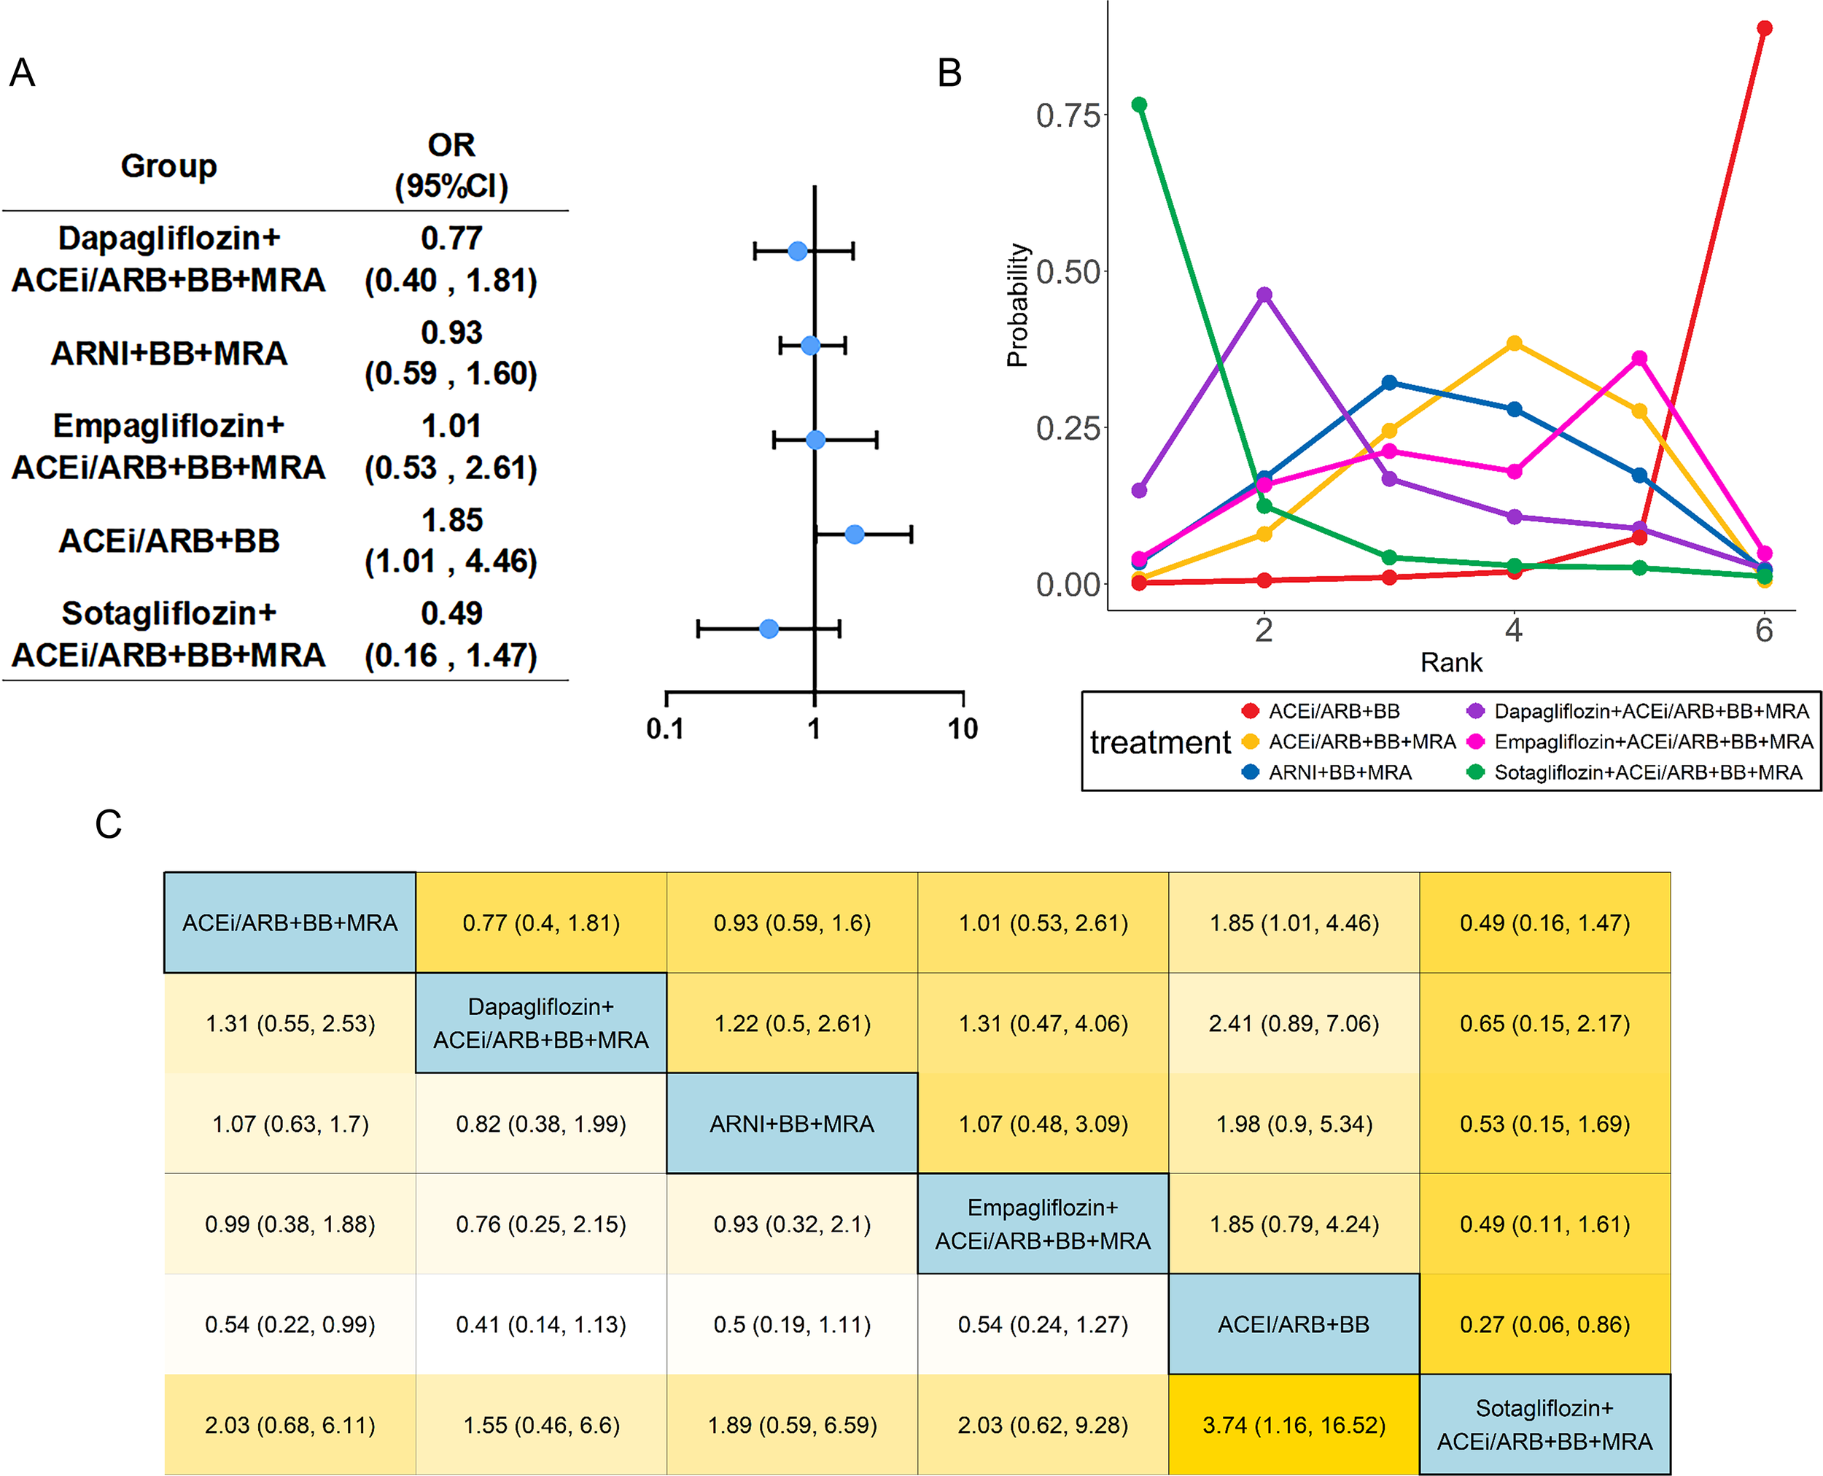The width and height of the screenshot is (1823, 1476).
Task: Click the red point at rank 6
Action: (x=1765, y=28)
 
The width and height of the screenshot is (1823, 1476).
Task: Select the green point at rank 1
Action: (x=1139, y=104)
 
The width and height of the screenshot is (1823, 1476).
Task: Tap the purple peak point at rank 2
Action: (x=1264, y=294)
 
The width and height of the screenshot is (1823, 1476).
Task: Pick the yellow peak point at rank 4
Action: (x=1515, y=343)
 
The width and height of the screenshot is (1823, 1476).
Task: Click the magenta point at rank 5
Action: (x=1639, y=358)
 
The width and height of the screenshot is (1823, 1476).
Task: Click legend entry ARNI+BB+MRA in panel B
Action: (x=1340, y=772)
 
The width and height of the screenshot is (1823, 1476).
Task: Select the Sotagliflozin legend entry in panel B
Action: (x=1647, y=772)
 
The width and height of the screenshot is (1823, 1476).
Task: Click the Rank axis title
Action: (x=1450, y=662)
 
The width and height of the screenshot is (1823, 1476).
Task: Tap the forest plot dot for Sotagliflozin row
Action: (x=769, y=629)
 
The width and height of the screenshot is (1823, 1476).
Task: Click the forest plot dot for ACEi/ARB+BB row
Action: (x=855, y=534)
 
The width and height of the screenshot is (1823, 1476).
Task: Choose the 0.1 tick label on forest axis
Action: (x=665, y=729)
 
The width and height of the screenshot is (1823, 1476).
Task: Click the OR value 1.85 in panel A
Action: (x=451, y=519)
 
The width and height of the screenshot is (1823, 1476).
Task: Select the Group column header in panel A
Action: (x=168, y=165)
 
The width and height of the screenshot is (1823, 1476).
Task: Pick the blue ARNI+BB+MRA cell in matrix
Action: (x=792, y=1123)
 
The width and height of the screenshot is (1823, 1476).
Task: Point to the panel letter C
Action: (x=108, y=824)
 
